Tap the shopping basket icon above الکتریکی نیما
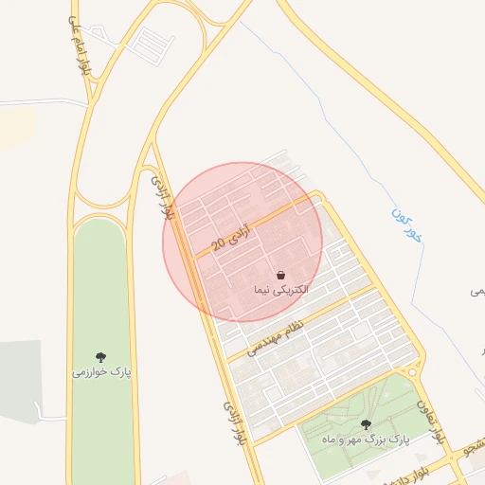[x=281, y=275]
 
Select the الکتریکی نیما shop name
[x=281, y=289]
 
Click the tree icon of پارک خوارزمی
[x=101, y=358]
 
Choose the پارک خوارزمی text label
[x=101, y=372]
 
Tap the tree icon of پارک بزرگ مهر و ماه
[x=366, y=425]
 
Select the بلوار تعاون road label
[x=429, y=422]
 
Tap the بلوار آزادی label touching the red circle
[x=161, y=194]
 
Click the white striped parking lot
[x=150, y=42]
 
